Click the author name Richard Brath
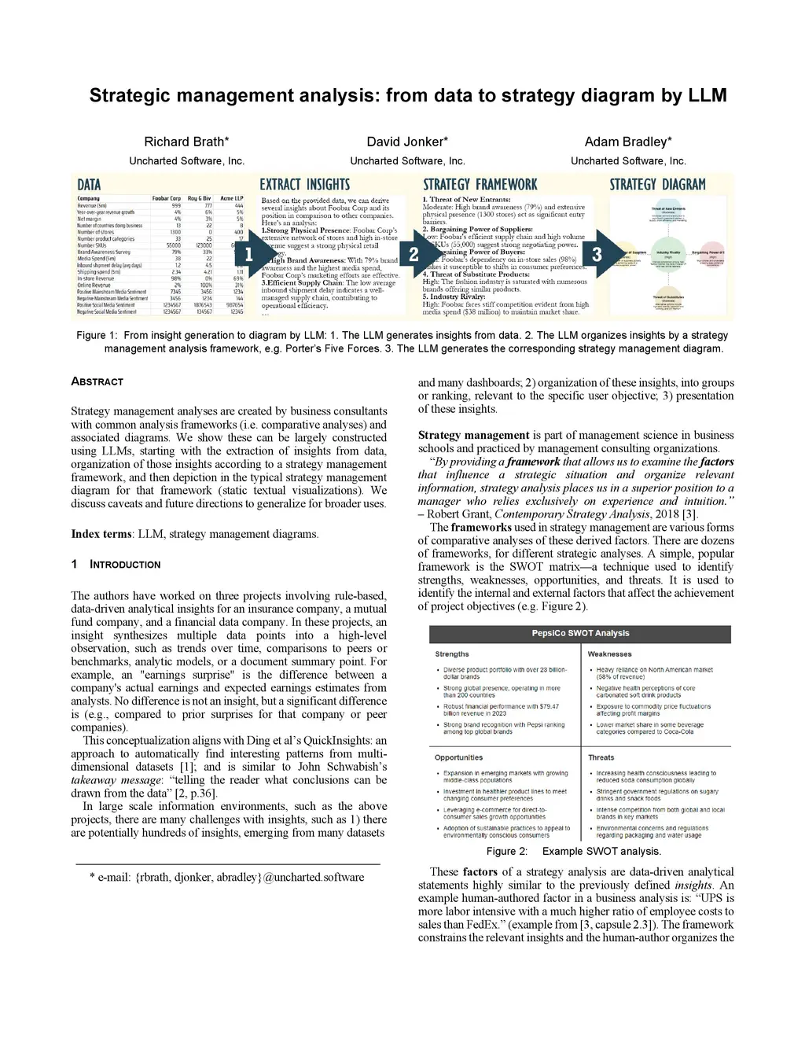coord(186,142)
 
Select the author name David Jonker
coord(407,142)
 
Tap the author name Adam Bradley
coord(627,142)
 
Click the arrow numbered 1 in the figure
coord(252,254)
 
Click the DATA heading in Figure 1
coord(89,185)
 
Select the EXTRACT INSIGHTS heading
coord(305,185)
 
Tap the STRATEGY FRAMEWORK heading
coord(480,185)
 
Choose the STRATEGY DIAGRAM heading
coord(657,185)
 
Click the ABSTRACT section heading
coord(97,381)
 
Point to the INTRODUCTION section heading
coord(124,565)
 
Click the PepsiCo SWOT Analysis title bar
coord(580,634)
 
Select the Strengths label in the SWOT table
coord(452,654)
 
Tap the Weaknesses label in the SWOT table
coord(609,654)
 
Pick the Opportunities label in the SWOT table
coord(458,758)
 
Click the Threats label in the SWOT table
coord(601,758)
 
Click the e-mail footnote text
coord(227,877)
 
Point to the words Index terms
coord(101,534)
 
